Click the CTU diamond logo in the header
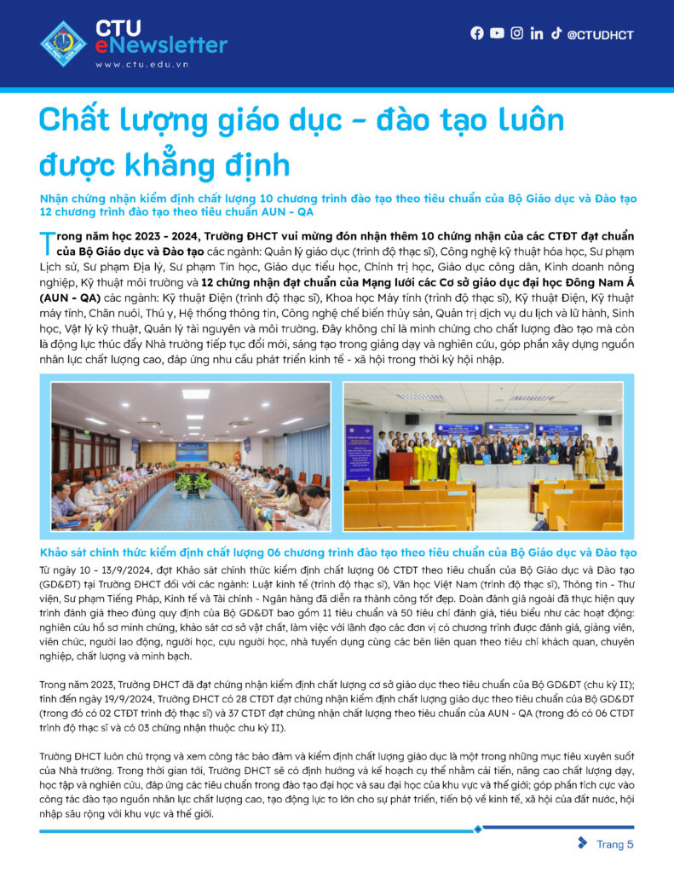[x=63, y=43]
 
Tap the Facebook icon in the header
[x=476, y=33]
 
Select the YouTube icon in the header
[x=498, y=33]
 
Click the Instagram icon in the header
[x=517, y=33]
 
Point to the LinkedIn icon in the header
[x=537, y=34]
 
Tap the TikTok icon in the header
[x=556, y=33]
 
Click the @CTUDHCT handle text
[x=600, y=35]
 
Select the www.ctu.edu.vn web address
[x=141, y=65]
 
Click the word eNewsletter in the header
[x=161, y=45]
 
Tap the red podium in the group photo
[x=401, y=465]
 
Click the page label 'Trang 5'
[x=614, y=845]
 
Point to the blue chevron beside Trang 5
[x=582, y=844]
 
